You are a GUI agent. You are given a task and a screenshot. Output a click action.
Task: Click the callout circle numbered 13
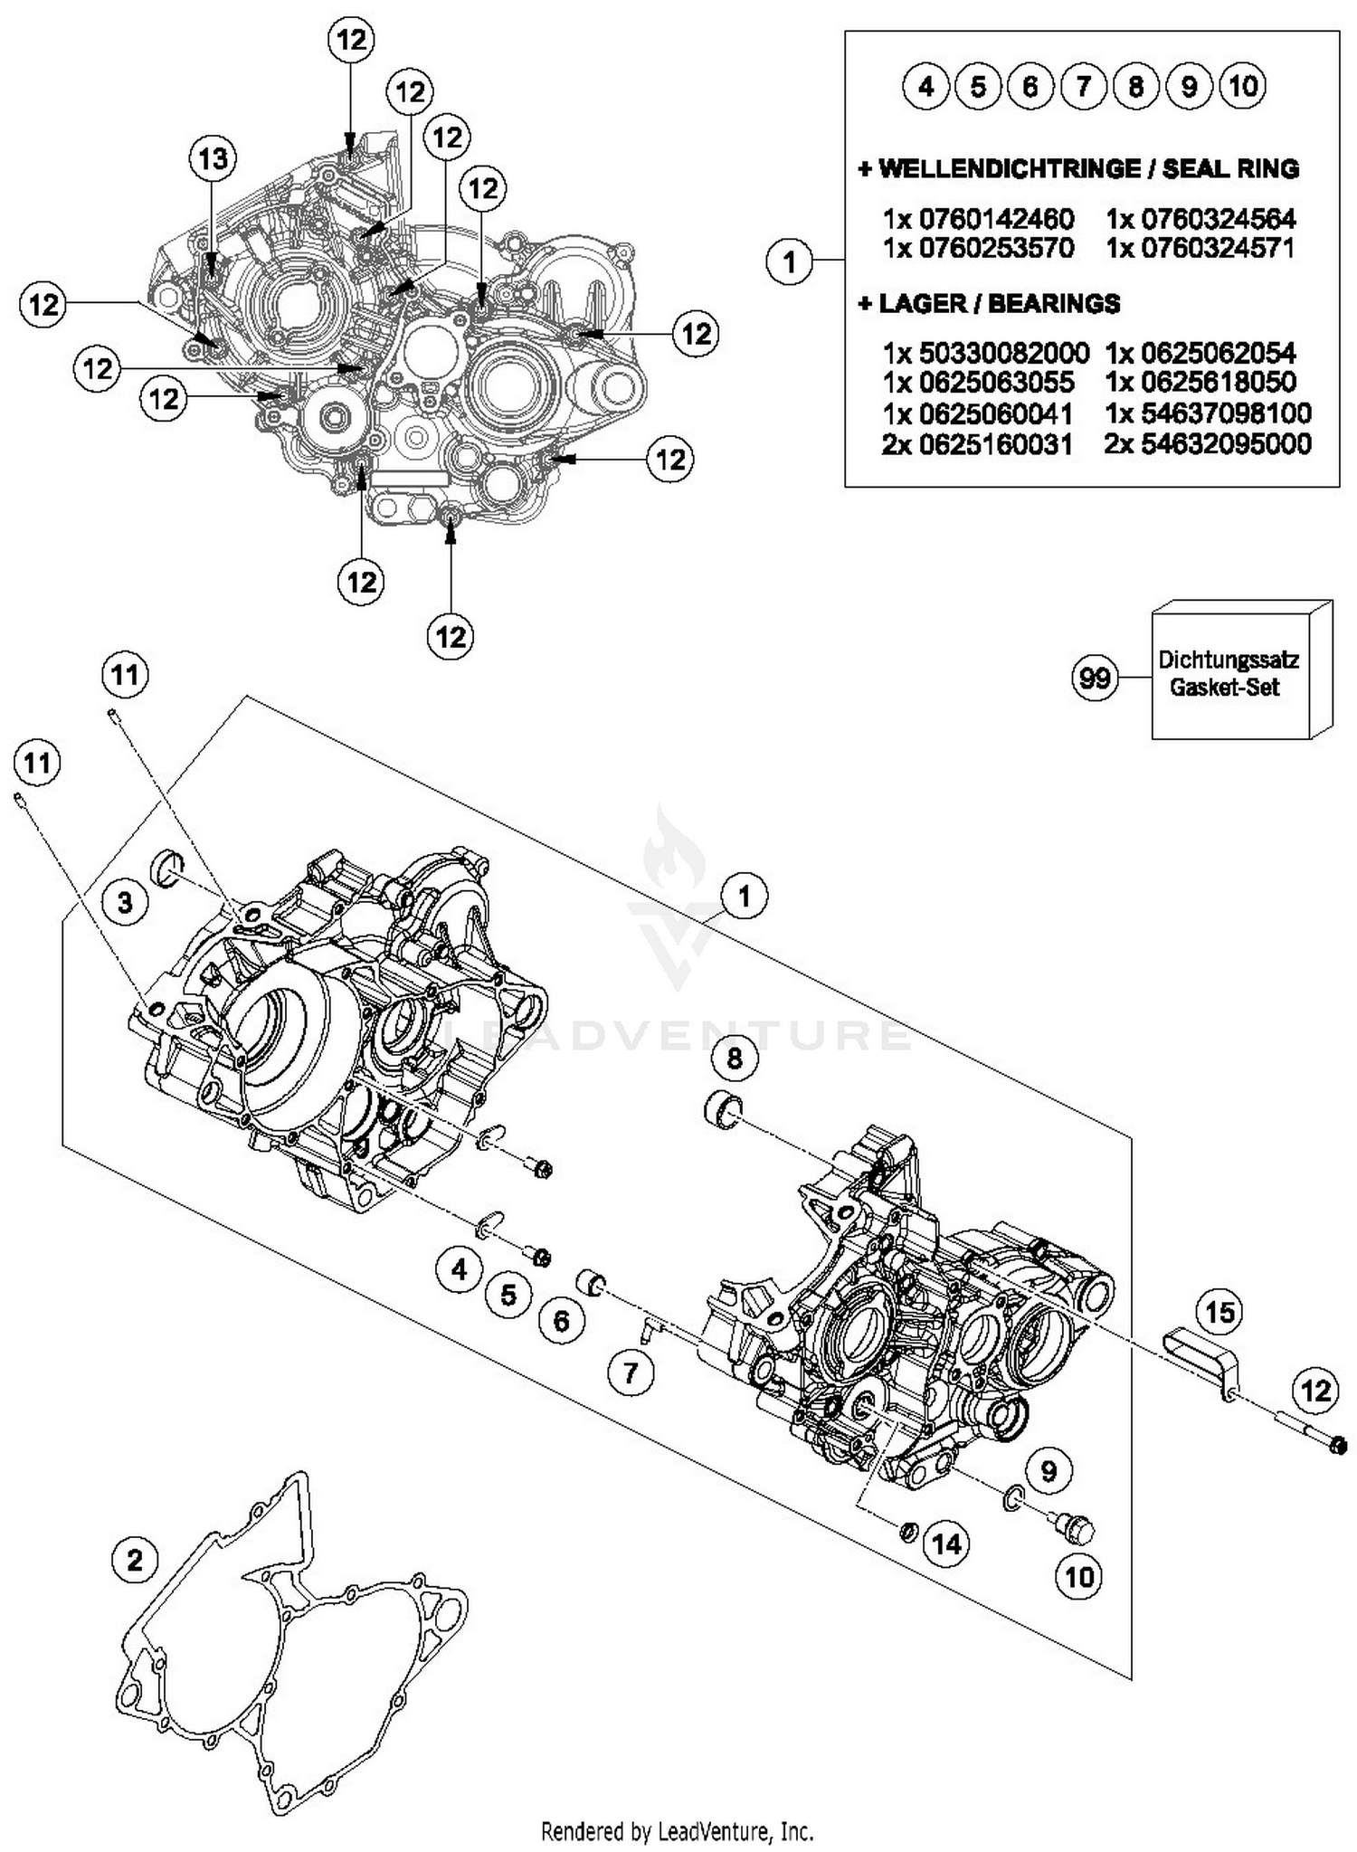213,159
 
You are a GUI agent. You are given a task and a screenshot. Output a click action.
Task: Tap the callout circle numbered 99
1095,678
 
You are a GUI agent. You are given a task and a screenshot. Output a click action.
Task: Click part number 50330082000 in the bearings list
986,353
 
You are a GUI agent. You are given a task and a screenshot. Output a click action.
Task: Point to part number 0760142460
979,219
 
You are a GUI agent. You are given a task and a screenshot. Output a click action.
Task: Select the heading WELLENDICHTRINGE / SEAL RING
1078,169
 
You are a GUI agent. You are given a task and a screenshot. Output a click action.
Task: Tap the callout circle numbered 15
1219,1311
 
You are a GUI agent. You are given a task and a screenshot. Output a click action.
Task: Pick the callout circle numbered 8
735,1057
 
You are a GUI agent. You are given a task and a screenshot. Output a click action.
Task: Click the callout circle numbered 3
125,901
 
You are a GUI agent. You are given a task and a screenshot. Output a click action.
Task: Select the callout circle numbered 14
946,1543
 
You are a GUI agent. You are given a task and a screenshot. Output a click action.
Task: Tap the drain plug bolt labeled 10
1077,1527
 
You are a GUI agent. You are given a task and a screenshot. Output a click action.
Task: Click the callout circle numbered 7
631,1373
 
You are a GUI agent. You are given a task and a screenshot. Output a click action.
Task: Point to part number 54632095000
1208,444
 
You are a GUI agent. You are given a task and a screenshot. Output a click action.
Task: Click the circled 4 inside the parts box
925,87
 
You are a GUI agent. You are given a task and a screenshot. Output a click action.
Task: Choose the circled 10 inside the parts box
1243,87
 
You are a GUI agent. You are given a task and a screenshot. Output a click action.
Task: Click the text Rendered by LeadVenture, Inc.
678,1831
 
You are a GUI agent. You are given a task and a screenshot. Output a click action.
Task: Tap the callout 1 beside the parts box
790,261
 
